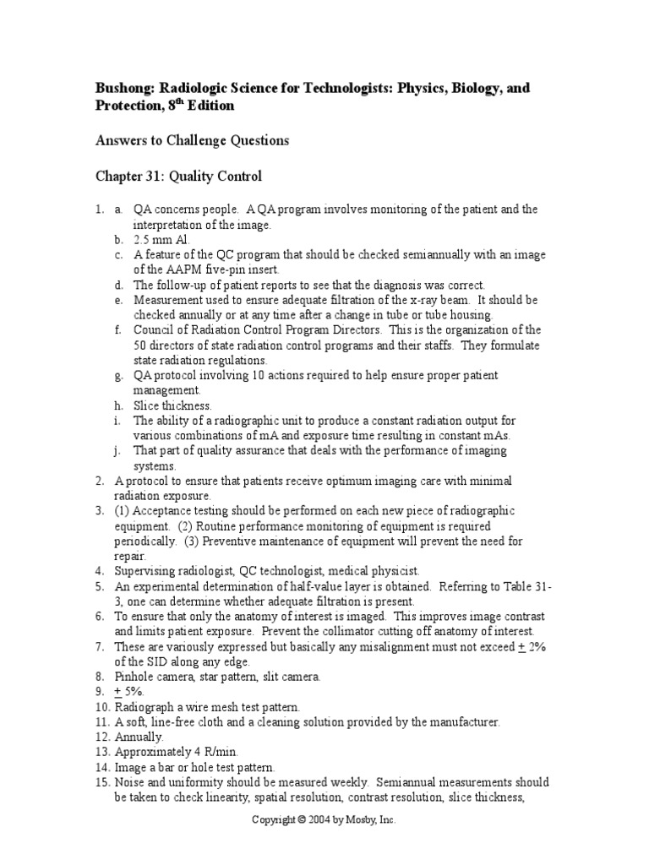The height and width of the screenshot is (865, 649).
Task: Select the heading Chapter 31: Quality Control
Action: tap(177, 177)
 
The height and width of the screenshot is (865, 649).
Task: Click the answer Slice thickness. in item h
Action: tap(172, 405)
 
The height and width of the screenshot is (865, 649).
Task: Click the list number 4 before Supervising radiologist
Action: tap(99, 571)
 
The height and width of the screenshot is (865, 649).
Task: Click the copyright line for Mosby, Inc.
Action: tap(324, 819)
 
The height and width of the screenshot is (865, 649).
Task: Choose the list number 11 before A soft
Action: tap(101, 721)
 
